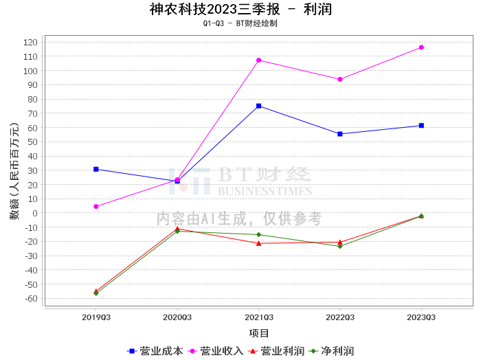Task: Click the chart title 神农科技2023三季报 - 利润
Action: coord(240,9)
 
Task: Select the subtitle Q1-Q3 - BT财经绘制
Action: coord(240,23)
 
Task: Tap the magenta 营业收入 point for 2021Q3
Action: coord(259,60)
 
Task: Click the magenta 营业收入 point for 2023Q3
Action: coord(421,47)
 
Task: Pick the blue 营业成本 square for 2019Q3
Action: coord(96,169)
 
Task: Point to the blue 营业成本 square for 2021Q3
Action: coord(259,106)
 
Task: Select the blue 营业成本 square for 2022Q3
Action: coord(340,134)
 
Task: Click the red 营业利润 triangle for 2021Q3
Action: coord(259,243)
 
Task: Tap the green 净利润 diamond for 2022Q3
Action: coord(340,246)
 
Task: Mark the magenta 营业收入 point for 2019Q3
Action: coord(96,207)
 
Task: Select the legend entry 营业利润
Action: coord(276,351)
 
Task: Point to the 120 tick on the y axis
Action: coord(30,42)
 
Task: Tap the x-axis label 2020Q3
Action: coord(177,317)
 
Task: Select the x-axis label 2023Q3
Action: coord(421,317)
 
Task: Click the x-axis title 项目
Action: coord(259,333)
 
